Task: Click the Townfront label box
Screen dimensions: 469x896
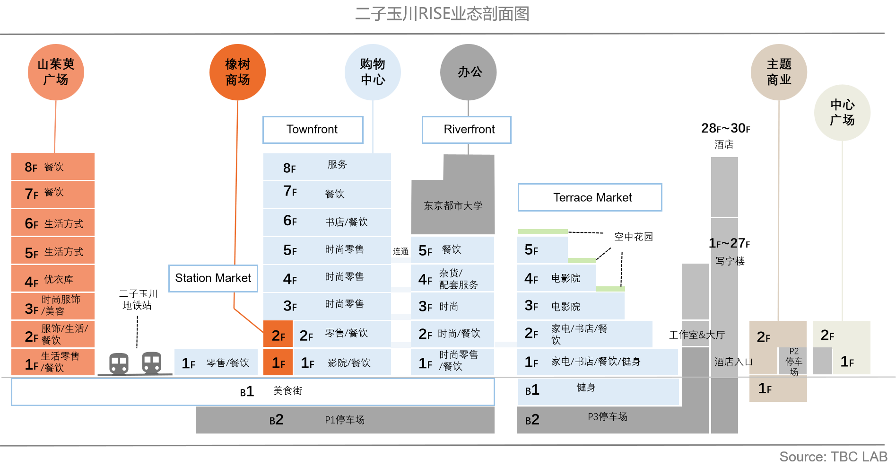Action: click(313, 130)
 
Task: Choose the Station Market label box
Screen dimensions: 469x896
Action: click(213, 278)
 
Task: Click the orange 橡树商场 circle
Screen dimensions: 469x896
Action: click(237, 72)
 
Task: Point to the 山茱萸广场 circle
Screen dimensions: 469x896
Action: click(56, 72)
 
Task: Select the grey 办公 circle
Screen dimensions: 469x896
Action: click(468, 72)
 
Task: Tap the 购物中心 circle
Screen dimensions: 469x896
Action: click(373, 72)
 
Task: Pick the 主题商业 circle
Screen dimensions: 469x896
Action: click(779, 72)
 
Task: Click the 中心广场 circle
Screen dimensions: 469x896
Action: click(842, 113)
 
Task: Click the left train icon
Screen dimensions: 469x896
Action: click(119, 363)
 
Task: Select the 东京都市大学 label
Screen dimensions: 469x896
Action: click(453, 206)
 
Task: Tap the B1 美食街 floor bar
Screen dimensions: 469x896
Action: click(252, 391)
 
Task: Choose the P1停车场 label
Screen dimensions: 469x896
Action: click(345, 420)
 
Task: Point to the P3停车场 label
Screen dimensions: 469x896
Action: click(608, 417)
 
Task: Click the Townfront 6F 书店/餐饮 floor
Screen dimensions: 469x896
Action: click(327, 222)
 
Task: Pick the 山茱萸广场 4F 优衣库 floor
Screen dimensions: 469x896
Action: click(52, 280)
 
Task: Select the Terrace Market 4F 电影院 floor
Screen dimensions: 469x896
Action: click(557, 278)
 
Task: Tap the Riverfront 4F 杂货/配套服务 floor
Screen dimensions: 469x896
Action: click(452, 279)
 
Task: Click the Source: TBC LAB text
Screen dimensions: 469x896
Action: click(833, 457)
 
